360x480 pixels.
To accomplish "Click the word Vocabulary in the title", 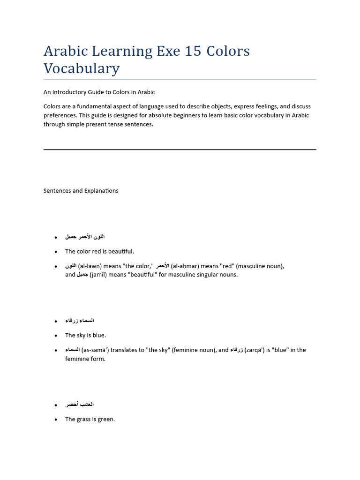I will click(82, 68).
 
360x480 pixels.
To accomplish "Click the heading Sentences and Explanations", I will click(81, 191).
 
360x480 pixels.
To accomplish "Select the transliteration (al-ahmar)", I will click(185, 266).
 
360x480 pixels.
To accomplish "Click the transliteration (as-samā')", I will click(96, 350).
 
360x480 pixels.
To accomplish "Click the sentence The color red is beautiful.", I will click(99, 252).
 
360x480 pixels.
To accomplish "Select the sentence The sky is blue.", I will click(85, 336).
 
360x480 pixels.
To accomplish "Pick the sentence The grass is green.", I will click(90, 420).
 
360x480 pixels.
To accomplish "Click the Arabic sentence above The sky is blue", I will click(80, 321).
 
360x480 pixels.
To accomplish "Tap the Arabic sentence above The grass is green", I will click(80, 405).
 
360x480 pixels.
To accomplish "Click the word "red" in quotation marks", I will click(227, 266).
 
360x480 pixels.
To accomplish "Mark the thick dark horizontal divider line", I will click(180, 150).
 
